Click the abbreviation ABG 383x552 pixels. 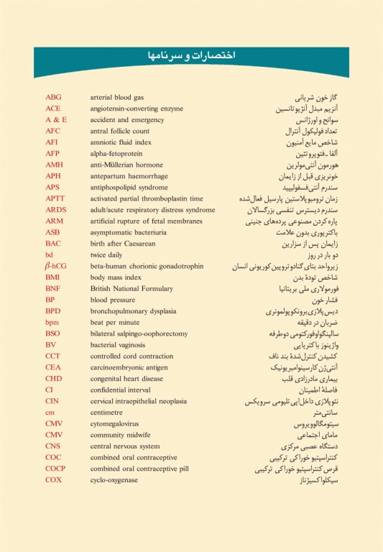tap(53, 97)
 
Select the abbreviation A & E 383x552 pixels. tap(56, 119)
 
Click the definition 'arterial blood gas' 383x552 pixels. tap(117, 97)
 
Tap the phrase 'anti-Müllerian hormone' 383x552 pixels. tap(126, 165)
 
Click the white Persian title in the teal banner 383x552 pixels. tap(191, 55)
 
